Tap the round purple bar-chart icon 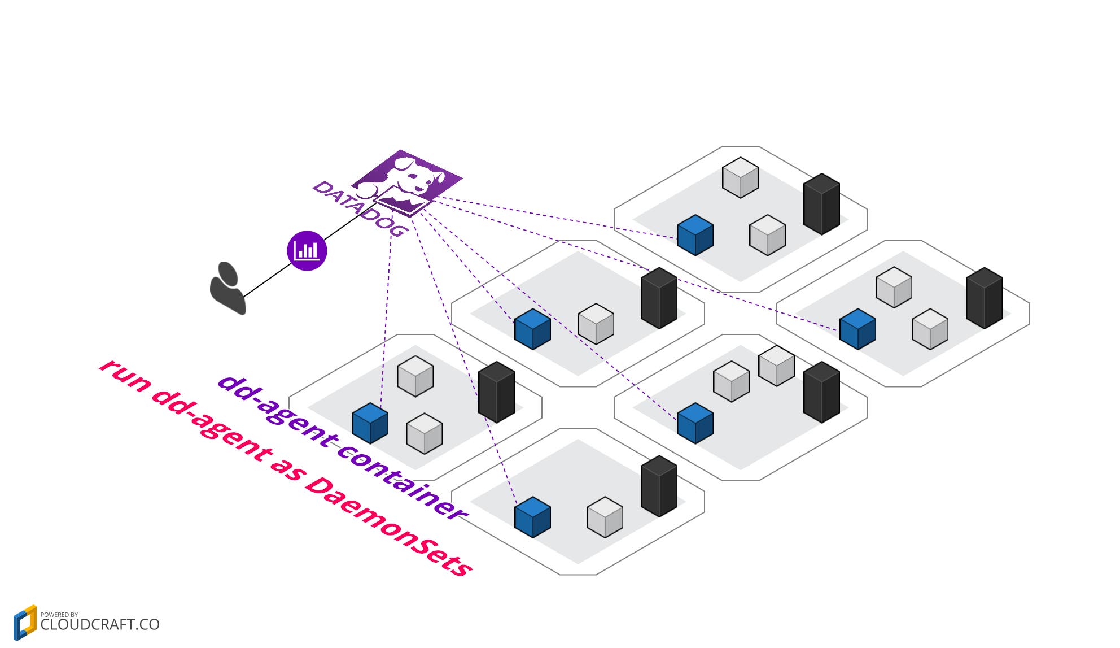[307, 250]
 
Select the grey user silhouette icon [228, 288]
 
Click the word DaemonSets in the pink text [389, 526]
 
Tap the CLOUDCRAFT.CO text [100, 624]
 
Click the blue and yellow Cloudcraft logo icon [25, 623]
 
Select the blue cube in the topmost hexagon [695, 236]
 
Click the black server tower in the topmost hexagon [821, 203]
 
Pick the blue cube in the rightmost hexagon [858, 329]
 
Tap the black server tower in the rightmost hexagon [984, 298]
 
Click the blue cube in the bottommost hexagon [532, 517]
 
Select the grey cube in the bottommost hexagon [605, 517]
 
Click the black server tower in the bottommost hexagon [659, 486]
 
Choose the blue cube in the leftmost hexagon [370, 423]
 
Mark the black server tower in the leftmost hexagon [496, 392]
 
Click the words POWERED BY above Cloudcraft [59, 614]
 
